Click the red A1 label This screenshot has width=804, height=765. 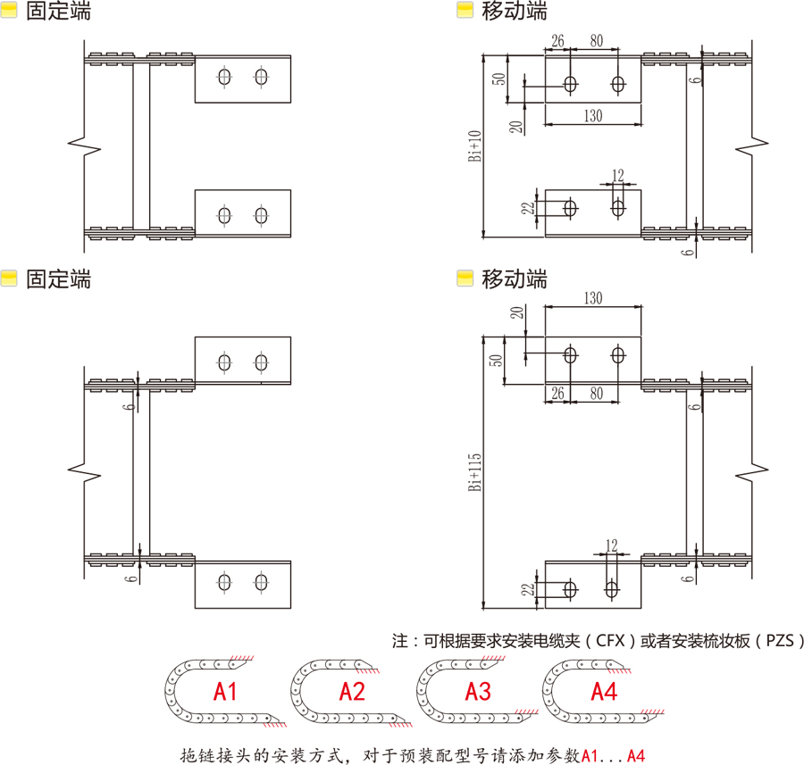click(225, 691)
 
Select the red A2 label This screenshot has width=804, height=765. click(352, 691)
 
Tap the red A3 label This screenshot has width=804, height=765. click(478, 691)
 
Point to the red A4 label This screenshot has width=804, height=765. click(604, 691)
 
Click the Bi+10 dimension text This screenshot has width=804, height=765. click(475, 146)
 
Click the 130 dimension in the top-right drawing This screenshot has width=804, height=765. click(592, 115)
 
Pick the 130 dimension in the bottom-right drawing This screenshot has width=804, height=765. click(592, 298)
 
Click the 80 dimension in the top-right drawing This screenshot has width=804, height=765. click(596, 41)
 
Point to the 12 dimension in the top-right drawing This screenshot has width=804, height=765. click(618, 174)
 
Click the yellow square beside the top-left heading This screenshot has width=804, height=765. click(10, 12)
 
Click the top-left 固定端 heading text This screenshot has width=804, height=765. click(58, 12)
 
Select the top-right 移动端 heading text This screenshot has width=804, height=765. click(515, 12)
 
